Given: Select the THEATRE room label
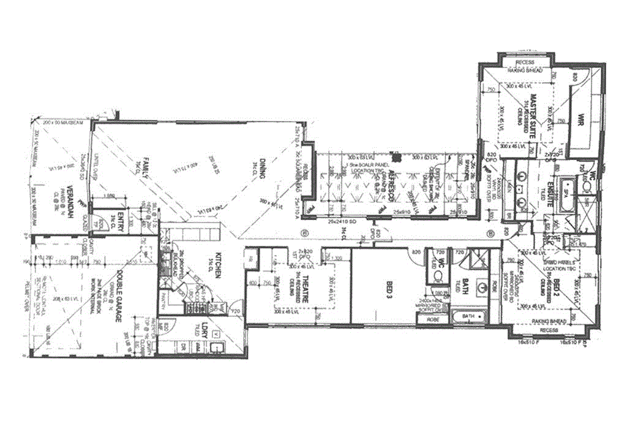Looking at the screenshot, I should click(x=302, y=288).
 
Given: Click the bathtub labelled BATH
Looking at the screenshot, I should click(x=468, y=317).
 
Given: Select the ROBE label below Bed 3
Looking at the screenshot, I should click(x=434, y=319).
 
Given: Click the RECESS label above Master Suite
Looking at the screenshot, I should click(x=525, y=63).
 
